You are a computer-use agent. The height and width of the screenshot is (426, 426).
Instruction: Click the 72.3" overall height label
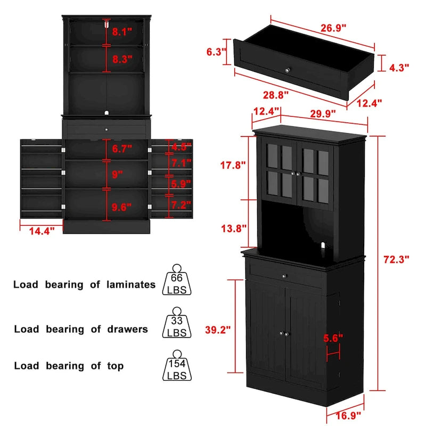coord(396,259)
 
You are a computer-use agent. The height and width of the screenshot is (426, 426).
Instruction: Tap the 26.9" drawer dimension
coord(333,28)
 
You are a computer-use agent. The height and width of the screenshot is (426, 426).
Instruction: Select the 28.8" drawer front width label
coord(275,95)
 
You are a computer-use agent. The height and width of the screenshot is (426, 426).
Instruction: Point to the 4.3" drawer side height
coord(399,68)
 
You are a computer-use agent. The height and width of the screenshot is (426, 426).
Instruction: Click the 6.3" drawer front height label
coord(216,52)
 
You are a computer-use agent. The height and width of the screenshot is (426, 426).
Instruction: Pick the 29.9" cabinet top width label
coord(323,113)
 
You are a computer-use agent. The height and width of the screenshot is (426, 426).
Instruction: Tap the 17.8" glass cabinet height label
coord(233,165)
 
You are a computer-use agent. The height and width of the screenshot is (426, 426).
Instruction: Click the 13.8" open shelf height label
coord(234,228)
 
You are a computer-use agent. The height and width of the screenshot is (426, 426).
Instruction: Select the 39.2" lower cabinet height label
coord(218,330)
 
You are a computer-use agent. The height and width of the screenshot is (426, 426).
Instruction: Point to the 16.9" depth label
coord(348,415)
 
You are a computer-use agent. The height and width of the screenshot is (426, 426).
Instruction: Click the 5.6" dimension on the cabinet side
coord(333,338)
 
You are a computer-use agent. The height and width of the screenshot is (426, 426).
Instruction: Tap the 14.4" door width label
coord(42,231)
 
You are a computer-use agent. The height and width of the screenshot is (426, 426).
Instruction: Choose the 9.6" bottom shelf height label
coord(121,207)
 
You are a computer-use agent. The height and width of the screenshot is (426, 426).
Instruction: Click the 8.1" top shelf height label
coord(122,32)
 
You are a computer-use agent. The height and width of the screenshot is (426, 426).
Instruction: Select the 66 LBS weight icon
coord(177,280)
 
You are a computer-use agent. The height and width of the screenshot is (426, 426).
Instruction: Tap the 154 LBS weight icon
coord(177,365)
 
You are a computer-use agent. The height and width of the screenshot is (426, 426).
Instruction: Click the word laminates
coord(131,284)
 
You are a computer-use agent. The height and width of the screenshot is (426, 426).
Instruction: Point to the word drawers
coord(127,329)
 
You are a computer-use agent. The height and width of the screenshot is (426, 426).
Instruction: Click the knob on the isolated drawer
coord(288,70)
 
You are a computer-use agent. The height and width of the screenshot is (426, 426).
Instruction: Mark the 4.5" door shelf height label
coord(181,147)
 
